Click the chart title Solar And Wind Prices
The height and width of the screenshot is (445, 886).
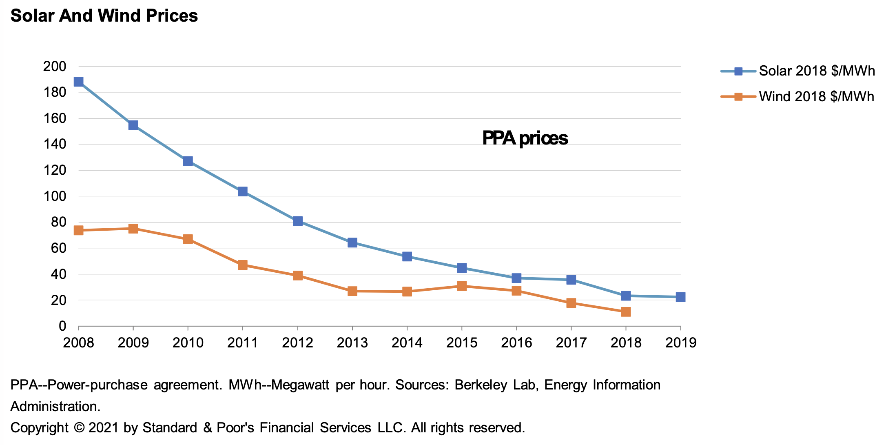click(104, 16)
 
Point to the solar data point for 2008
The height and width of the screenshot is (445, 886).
click(78, 82)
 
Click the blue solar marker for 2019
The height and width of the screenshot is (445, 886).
click(680, 297)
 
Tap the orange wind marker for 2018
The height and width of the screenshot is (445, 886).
click(626, 312)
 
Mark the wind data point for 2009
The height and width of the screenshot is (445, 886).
click(133, 228)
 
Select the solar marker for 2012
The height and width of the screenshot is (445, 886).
click(297, 221)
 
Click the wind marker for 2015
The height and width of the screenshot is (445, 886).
click(462, 286)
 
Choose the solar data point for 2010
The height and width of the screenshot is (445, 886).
click(188, 161)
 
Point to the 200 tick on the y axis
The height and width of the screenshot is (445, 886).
click(54, 67)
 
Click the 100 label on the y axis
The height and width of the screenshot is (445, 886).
click(54, 196)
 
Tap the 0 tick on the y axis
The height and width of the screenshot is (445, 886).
click(62, 326)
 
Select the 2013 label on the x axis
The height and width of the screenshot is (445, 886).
click(352, 343)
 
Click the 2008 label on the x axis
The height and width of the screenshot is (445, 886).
click(78, 343)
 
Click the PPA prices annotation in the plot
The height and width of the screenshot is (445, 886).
click(525, 138)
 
